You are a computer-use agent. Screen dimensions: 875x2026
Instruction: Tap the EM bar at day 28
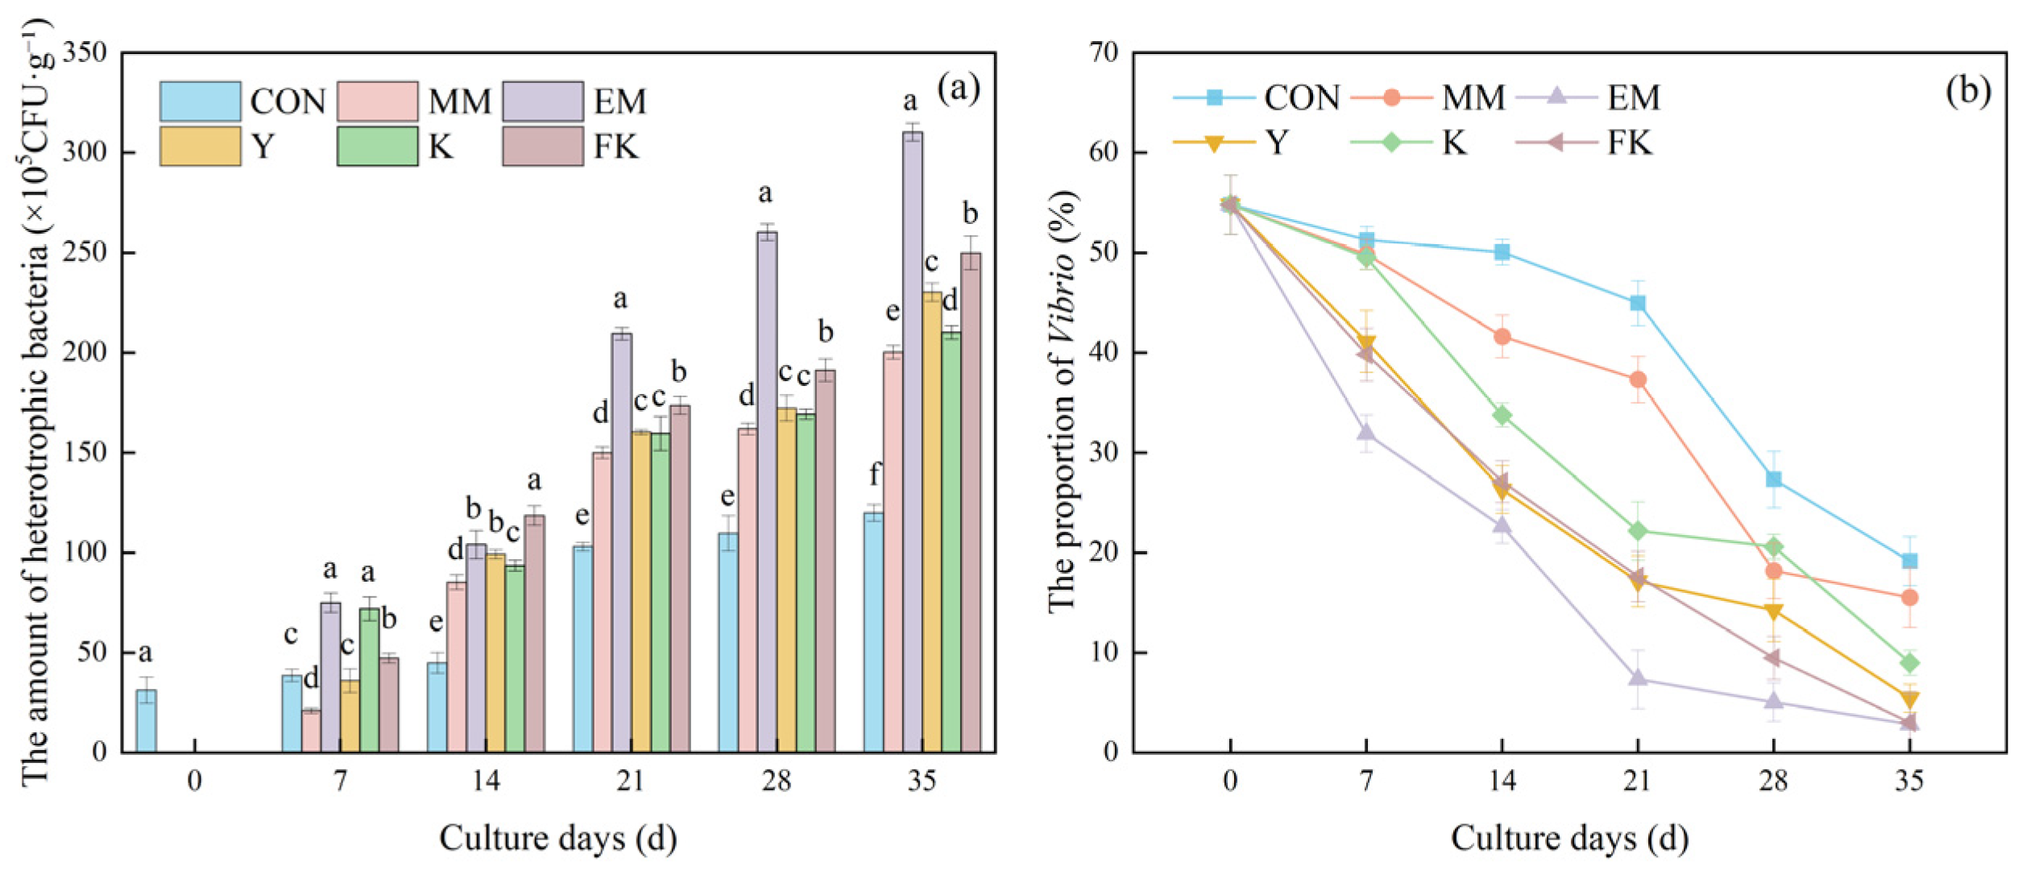click(x=767, y=491)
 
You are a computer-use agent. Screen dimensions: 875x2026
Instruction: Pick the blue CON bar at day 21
click(x=582, y=649)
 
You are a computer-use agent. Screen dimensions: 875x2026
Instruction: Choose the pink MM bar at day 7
click(x=311, y=731)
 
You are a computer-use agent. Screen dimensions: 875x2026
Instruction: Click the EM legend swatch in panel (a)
click(x=543, y=102)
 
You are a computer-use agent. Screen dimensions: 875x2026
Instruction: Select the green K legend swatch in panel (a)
click(x=377, y=147)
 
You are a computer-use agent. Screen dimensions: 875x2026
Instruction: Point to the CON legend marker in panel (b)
click(x=1214, y=98)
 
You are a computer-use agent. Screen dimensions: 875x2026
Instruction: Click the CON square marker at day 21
click(x=1638, y=303)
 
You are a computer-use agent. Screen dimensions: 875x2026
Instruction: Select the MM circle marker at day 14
click(x=1502, y=336)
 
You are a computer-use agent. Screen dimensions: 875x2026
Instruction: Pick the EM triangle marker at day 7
click(x=1366, y=433)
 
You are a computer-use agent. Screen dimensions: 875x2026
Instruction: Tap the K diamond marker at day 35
click(x=1909, y=663)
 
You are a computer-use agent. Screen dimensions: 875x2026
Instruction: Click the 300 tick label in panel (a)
click(x=85, y=152)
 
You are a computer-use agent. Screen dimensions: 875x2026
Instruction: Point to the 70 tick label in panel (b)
click(x=1104, y=53)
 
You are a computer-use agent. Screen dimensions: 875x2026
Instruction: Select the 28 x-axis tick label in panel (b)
click(x=1773, y=780)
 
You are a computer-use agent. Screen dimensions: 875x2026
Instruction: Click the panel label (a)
click(x=958, y=89)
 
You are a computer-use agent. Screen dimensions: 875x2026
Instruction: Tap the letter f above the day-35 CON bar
click(x=875, y=475)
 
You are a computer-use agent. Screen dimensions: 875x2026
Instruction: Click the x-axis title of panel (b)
click(x=1569, y=838)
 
